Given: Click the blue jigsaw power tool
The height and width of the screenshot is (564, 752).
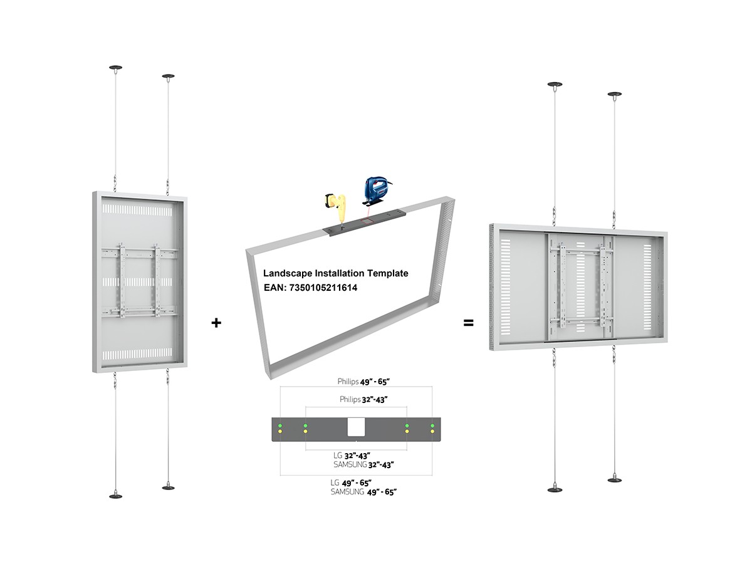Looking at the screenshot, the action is point(376,191).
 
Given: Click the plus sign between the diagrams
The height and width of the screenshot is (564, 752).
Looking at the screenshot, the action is point(216,323).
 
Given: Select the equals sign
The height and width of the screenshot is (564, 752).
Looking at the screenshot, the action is point(468,323).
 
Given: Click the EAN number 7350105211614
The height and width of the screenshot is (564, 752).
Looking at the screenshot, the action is point(323,288).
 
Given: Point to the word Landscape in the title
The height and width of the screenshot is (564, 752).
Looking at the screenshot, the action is point(288,273).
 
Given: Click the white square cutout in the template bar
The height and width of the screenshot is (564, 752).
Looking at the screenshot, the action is point(356,427).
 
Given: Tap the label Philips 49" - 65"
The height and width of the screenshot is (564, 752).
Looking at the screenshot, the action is point(363,382).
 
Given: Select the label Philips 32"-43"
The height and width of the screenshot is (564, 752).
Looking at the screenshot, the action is point(363,399).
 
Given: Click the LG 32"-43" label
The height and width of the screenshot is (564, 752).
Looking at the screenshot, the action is point(352,456).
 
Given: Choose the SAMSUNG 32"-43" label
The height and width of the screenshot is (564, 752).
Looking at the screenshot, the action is point(363,465).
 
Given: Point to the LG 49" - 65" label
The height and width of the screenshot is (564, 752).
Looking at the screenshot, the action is point(351,483).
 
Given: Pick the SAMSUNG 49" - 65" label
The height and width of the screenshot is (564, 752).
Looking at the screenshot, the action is point(363,492).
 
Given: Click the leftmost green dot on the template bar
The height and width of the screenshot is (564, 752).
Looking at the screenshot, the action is point(280,426).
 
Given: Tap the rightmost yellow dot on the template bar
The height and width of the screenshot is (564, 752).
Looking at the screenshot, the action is point(432,432).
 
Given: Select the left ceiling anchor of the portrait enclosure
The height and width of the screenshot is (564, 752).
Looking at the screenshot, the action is point(115,68).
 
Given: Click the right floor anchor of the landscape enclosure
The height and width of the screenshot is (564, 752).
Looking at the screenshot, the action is point(615,480).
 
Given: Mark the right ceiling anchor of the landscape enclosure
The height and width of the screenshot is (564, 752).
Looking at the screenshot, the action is point(615,95).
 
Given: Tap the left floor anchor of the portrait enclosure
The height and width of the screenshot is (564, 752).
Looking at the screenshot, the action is point(115,496).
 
